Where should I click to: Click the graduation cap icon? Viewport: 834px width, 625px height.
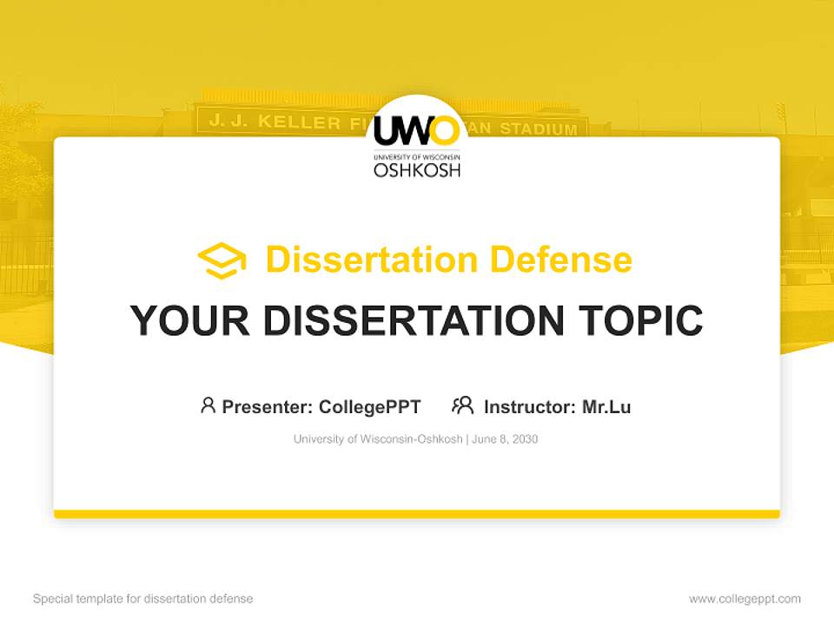coord(222,260)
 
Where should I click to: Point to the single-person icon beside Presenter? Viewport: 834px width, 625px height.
coord(208,405)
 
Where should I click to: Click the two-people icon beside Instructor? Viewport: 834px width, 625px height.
coord(462,405)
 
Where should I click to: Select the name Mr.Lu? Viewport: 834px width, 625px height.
coord(606,406)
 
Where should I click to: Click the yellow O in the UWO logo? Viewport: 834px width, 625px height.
coord(443,132)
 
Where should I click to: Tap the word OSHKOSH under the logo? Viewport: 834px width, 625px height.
coord(417,169)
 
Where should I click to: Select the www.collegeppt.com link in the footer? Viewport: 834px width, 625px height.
coord(745,599)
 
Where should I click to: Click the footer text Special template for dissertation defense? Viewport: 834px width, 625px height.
coord(143,599)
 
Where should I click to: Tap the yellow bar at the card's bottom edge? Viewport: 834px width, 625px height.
coord(417,514)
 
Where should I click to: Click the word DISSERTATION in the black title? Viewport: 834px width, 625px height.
coord(413,320)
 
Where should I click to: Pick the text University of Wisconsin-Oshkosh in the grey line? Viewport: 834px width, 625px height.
coord(378,439)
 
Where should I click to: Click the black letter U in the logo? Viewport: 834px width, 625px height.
coord(386,132)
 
